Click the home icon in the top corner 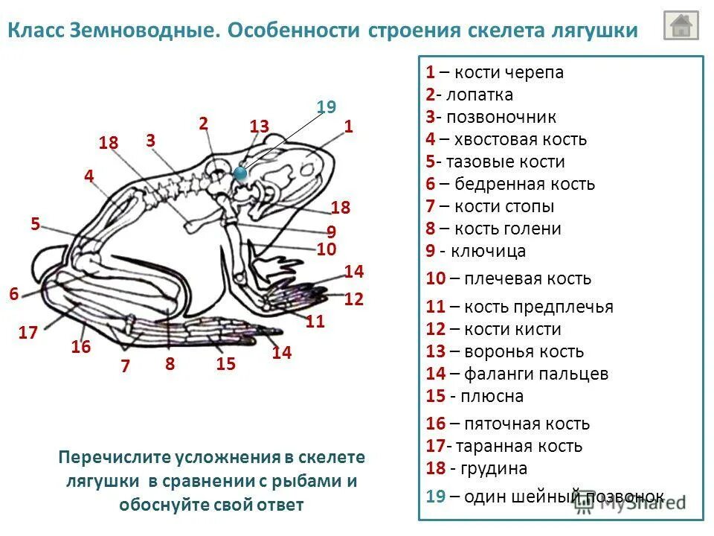click(681, 25)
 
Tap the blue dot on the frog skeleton click(240, 173)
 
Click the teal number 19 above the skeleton click(326, 107)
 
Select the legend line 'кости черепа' click(495, 72)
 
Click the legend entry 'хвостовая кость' click(506, 139)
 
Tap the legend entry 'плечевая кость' click(509, 278)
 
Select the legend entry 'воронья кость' click(505, 351)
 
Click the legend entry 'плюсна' click(475, 396)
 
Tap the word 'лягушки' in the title click(593, 31)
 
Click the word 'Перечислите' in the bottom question click(115, 458)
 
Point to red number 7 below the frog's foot click(125, 366)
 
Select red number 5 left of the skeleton click(35, 223)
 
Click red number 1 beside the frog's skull click(347, 127)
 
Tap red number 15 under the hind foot click(225, 363)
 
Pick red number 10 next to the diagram click(327, 249)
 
